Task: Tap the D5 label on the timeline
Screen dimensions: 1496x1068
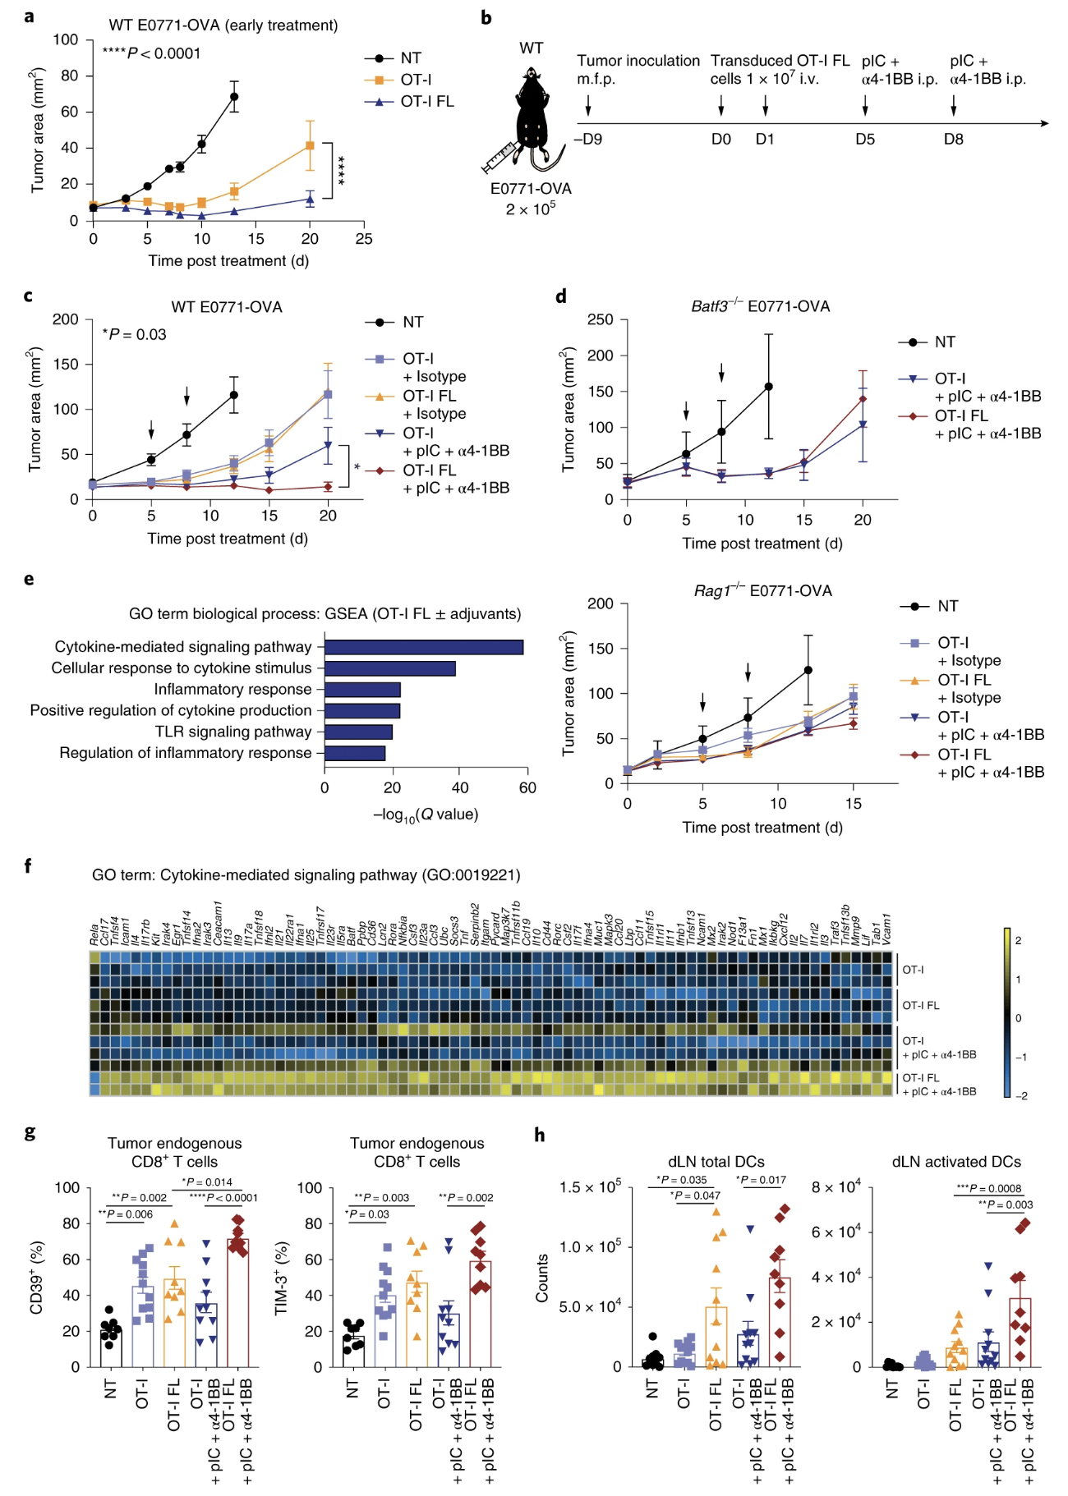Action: pos(865,140)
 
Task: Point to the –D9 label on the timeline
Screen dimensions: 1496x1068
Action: pos(588,140)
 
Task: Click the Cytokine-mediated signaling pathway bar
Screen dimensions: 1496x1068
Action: pos(424,647)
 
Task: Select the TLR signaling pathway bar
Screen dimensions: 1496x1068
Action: pos(358,732)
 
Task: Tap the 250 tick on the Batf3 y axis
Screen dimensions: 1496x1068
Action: pos(601,319)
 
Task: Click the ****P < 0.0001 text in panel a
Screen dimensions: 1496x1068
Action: pos(151,53)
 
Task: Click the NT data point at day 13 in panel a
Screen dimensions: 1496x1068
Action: pos(234,97)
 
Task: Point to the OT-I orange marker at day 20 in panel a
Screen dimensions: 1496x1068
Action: pos(310,145)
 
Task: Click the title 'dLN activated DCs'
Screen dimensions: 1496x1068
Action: pos(956,1162)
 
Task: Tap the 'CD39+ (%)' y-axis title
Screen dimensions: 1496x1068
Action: pos(36,1277)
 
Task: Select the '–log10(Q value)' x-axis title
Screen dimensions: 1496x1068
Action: pos(425,815)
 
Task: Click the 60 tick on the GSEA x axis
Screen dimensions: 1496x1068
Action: pos(527,788)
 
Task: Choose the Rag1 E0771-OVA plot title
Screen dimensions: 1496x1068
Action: pos(762,591)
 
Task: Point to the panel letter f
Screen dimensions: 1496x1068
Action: pos(29,865)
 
